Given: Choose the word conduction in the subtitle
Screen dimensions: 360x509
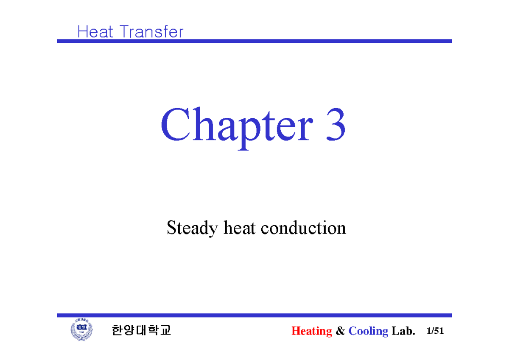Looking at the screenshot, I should tap(303, 228).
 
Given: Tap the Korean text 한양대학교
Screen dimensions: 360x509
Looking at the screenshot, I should tap(141, 331).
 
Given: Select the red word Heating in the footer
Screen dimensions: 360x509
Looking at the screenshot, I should tap(311, 331).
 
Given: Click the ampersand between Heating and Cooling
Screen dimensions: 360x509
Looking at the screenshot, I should tap(340, 331).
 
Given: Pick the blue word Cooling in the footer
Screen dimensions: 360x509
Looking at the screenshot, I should tap(368, 331).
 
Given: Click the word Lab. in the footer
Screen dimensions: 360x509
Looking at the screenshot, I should tap(403, 331).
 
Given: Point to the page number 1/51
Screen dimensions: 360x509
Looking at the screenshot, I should tap(436, 331).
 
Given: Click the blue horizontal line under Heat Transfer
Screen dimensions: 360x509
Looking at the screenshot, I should tap(255, 41).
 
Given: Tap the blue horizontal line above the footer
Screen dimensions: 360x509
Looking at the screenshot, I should tap(255, 315).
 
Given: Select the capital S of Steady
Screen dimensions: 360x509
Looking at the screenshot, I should tap(171, 228).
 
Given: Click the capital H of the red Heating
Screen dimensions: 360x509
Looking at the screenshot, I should tap(295, 331).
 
